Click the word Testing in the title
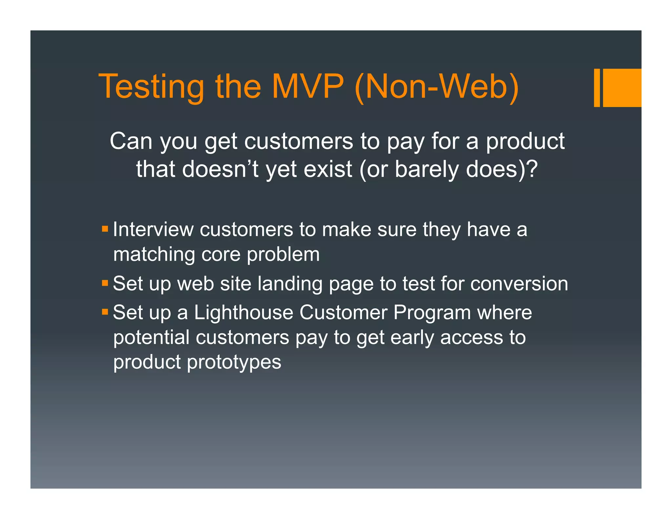point(151,87)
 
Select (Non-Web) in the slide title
point(436,87)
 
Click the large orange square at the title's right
point(622,88)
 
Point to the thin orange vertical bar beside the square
point(597,88)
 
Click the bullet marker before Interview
point(105,229)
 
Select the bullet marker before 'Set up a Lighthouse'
point(105,311)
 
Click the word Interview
point(153,229)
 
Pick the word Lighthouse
point(243,312)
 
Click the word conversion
point(519,283)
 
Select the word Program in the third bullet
point(432,312)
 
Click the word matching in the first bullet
point(154,255)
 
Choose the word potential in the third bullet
point(151,337)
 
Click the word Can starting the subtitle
point(131,141)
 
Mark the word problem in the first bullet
point(283,255)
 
